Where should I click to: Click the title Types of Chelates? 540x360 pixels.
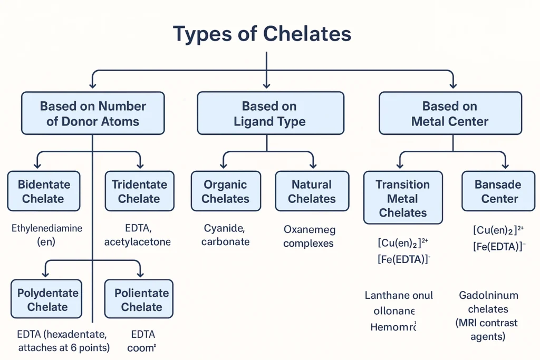click(262, 34)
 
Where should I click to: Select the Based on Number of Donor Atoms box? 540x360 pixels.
click(93, 113)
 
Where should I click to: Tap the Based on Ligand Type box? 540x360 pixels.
click(269, 113)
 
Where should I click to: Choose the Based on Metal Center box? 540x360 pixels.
click(450, 113)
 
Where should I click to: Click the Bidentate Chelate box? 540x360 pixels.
click(43, 191)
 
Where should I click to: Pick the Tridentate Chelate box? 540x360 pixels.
click(139, 191)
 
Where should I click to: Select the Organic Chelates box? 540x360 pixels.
click(225, 191)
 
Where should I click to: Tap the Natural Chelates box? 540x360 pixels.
click(312, 191)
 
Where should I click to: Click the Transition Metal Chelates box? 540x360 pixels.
click(403, 198)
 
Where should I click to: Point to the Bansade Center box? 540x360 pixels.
click(497, 191)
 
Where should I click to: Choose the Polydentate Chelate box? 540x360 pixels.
click(47, 299)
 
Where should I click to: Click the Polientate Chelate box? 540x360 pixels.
click(139, 299)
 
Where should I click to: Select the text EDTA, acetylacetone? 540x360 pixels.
click(137, 235)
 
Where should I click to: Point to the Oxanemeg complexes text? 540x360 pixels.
click(309, 237)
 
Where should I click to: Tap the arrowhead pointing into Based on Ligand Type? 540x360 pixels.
click(267, 84)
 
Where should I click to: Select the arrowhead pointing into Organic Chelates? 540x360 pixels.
click(225, 166)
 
